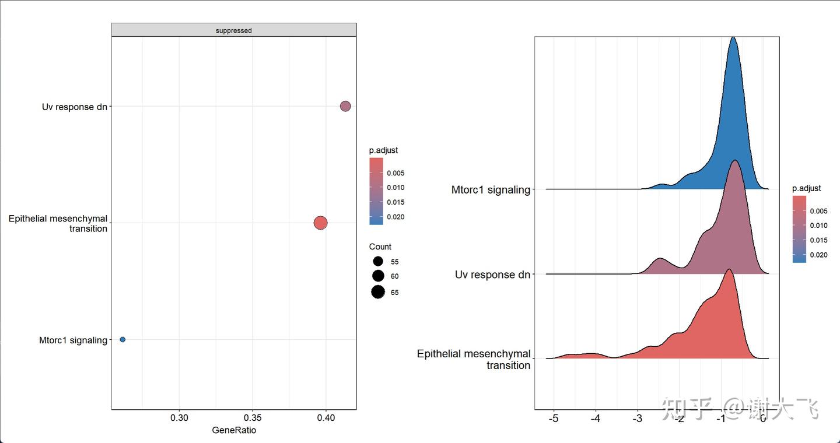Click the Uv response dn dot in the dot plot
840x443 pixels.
click(345, 106)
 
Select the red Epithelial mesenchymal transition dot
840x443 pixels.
click(320, 223)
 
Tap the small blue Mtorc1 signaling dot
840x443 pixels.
click(123, 339)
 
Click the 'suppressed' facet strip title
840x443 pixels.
click(233, 30)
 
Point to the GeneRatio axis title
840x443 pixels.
click(234, 430)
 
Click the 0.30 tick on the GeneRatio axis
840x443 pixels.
click(179, 417)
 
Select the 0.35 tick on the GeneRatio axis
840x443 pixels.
click(253, 417)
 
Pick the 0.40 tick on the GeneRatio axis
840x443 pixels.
click(326, 417)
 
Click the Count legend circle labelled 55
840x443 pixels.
click(378, 262)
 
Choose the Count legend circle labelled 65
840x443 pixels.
click(378, 292)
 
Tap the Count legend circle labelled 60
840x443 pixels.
click(378, 276)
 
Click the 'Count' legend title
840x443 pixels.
click(380, 247)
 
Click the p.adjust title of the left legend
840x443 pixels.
click(383, 150)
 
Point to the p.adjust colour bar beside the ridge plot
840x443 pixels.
click(799, 229)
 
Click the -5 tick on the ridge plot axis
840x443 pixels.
click(554, 419)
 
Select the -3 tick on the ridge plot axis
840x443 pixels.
click(638, 419)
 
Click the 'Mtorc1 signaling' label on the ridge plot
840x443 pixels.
click(491, 189)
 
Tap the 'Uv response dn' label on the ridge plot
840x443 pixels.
click(492, 275)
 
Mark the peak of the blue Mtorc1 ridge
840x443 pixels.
click(733, 38)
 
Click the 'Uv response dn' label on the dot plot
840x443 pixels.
click(75, 107)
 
